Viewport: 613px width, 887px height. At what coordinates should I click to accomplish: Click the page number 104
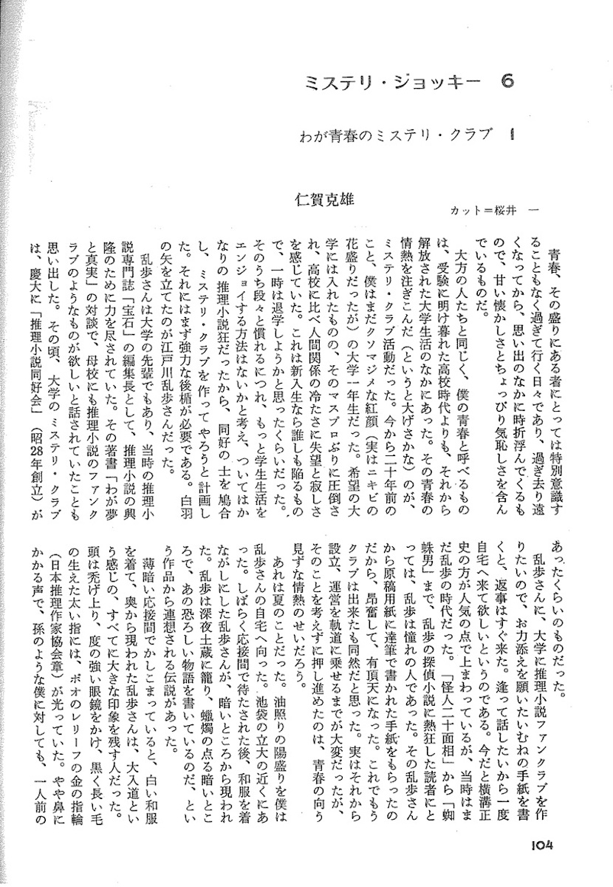[x=541, y=844]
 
